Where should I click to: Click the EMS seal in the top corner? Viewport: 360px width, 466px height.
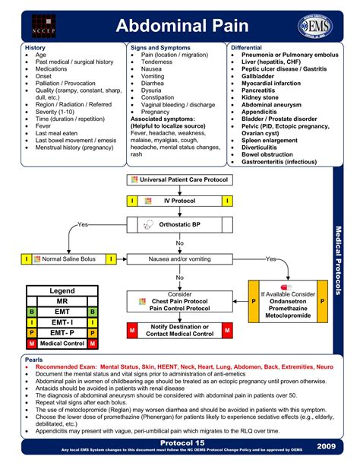[x=317, y=23]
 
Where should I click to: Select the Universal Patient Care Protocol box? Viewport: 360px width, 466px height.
[x=179, y=179]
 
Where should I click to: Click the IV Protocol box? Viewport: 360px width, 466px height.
[x=179, y=201]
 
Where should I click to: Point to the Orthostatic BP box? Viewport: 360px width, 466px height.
[x=179, y=225]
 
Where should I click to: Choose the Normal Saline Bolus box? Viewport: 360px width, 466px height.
[x=68, y=259]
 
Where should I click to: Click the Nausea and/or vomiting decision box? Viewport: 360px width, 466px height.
[x=180, y=259]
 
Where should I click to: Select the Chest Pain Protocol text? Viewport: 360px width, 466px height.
[x=180, y=301]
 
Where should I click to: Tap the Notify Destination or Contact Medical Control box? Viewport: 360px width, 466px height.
[x=180, y=330]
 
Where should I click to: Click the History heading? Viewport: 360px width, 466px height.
[x=36, y=47]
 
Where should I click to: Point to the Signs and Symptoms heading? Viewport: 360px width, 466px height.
[x=159, y=47]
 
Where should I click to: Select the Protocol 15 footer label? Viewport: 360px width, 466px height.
[x=180, y=442]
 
